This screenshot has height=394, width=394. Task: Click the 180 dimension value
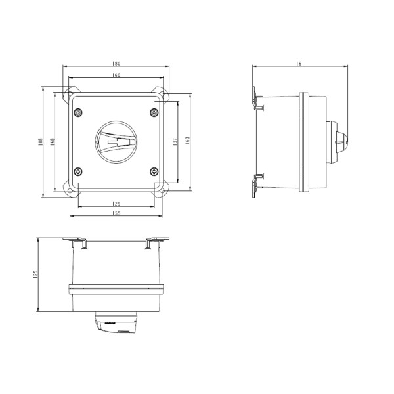tap(116, 64)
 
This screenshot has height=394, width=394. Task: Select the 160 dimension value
tap(116, 76)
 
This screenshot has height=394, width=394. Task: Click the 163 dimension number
tap(188, 141)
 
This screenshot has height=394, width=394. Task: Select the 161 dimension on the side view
tap(300, 64)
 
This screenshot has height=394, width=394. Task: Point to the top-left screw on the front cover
tap(79, 113)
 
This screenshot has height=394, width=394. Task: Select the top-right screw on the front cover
tap(154, 113)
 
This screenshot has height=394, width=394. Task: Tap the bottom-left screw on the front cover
tap(79, 172)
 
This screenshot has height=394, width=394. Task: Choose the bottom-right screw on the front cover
tap(154, 172)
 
